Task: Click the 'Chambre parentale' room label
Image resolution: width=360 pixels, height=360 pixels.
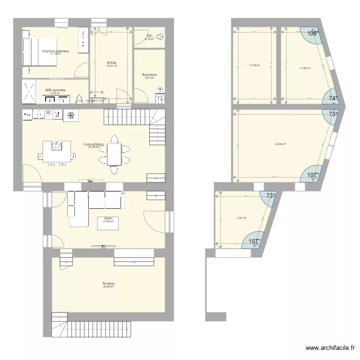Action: [x=55, y=51]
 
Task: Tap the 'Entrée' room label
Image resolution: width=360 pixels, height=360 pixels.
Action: [x=111, y=63]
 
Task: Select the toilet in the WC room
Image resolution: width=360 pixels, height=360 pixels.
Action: [x=161, y=36]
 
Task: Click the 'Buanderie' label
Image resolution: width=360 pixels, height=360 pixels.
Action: [x=149, y=74]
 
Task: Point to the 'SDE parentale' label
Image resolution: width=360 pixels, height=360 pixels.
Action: [x=55, y=90]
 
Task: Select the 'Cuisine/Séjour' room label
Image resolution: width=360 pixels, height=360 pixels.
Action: [x=94, y=144]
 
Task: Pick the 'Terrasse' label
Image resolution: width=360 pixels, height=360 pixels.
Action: [x=108, y=284]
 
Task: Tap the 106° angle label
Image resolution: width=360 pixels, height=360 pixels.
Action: [x=313, y=34]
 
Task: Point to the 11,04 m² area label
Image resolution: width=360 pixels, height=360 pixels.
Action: [x=254, y=65]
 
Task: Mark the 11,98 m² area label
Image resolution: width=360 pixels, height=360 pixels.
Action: [x=305, y=68]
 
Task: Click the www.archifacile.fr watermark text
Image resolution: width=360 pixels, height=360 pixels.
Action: [x=331, y=348]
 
